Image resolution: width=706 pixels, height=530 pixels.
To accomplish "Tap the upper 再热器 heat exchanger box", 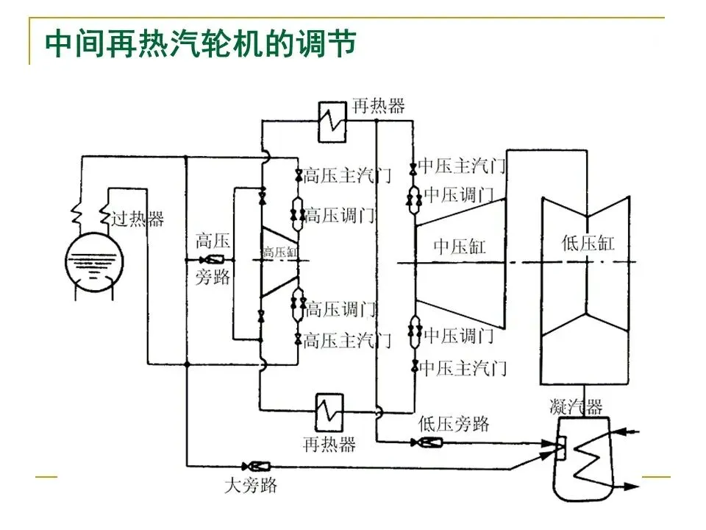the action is [x=332, y=122].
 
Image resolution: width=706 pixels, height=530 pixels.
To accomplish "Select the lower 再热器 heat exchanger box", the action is [x=329, y=413].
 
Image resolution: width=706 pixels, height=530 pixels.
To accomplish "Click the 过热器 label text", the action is [x=138, y=219].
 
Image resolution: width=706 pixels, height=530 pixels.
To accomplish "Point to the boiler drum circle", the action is [x=93, y=262].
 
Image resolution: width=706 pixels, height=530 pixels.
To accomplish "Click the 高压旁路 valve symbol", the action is [x=212, y=260].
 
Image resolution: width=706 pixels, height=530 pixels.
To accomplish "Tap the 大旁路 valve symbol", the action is [x=256, y=466].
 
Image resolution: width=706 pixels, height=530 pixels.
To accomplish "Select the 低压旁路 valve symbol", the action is [x=427, y=442].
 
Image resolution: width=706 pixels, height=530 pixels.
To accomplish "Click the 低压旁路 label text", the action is [x=454, y=424].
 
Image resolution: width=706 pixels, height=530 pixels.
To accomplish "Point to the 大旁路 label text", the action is [x=251, y=486].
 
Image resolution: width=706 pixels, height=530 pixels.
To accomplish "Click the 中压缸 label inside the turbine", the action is [x=459, y=247].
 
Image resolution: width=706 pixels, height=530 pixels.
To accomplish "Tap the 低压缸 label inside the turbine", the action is [x=588, y=244].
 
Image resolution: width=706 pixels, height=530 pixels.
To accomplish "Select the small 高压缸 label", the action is [x=280, y=252].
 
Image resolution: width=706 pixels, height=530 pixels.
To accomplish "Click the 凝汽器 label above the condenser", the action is [x=576, y=407].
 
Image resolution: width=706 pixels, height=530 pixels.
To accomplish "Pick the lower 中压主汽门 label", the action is [x=463, y=368].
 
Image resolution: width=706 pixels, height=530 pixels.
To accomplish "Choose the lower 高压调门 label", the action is [x=340, y=310].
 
